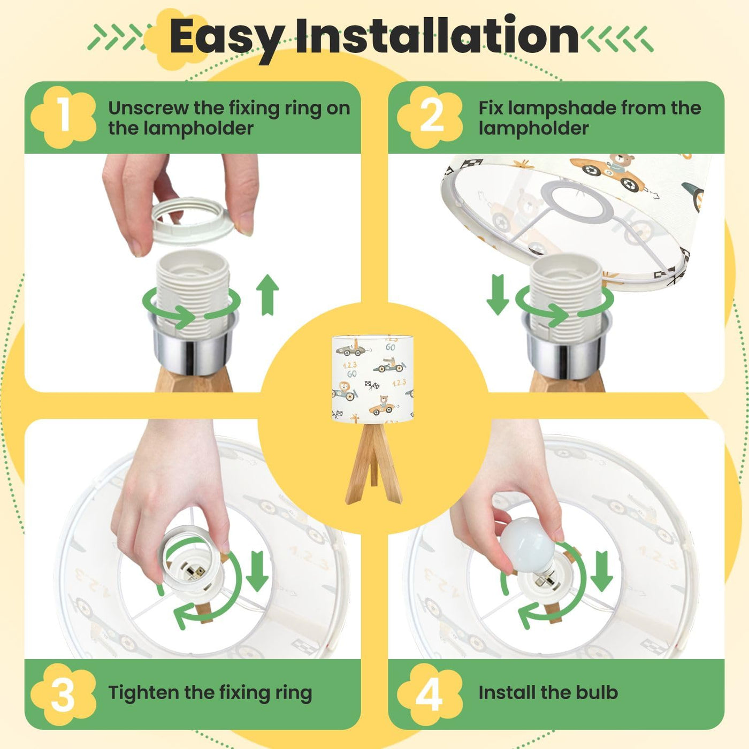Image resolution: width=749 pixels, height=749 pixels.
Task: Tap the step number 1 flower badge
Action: pos(63,116)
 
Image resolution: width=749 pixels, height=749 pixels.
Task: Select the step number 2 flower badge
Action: pos(430,117)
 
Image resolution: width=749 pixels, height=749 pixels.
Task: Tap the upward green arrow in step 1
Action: pos(267,295)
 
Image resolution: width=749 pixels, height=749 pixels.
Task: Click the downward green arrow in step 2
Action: pos(498,295)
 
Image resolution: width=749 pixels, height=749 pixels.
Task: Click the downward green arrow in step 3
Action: pos(257,571)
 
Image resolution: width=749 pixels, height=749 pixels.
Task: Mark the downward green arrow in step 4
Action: pos(602,571)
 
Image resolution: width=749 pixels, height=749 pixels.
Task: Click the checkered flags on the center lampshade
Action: pos(372,385)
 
